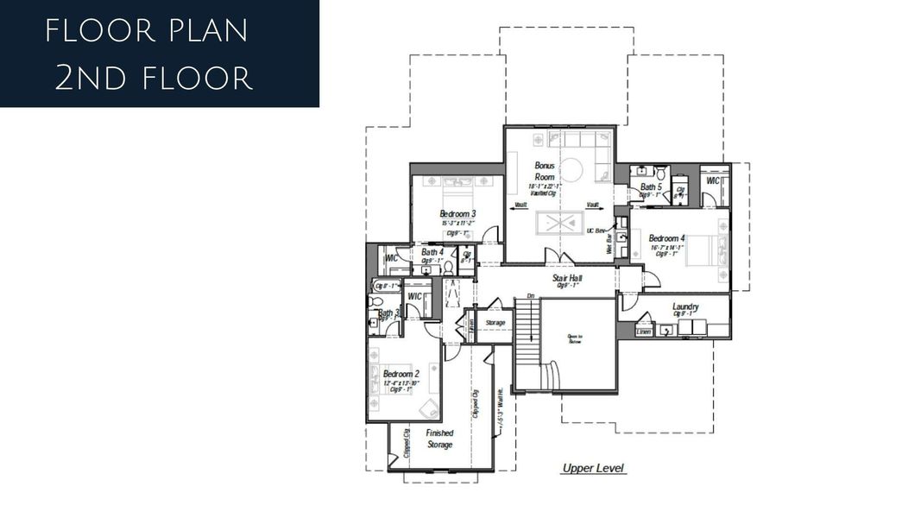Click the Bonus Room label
[545, 170]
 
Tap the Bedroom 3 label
[457, 213]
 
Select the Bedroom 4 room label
[667, 238]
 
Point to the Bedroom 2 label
[401, 374]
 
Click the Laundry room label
[685, 306]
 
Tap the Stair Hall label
[567, 278]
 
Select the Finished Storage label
[439, 439]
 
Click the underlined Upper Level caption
[593, 469]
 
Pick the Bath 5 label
[651, 186]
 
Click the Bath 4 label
[432, 251]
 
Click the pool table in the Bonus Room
[561, 224]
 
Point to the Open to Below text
[575, 338]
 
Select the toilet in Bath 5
[660, 172]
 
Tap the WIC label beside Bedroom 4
[714, 181]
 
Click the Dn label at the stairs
[532, 296]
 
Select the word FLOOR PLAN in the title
[147, 31]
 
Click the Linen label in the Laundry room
[643, 332]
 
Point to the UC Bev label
[597, 231]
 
